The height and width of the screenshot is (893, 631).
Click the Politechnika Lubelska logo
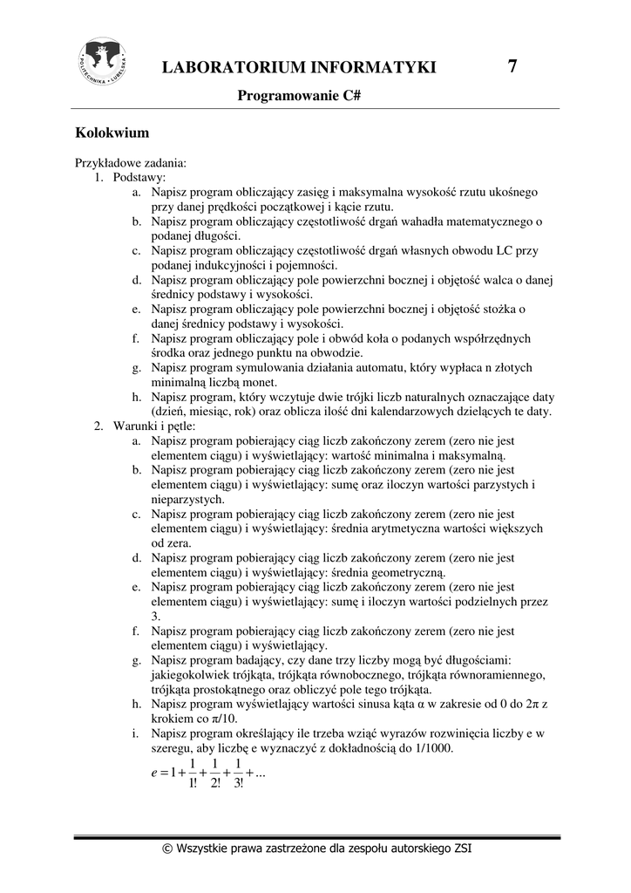tap(103, 61)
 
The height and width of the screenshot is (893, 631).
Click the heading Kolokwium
tap(112, 133)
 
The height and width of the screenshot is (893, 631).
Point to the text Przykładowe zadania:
tap(130, 162)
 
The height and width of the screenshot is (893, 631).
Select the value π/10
tap(225, 719)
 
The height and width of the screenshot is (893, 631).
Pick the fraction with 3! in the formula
tap(238, 774)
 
